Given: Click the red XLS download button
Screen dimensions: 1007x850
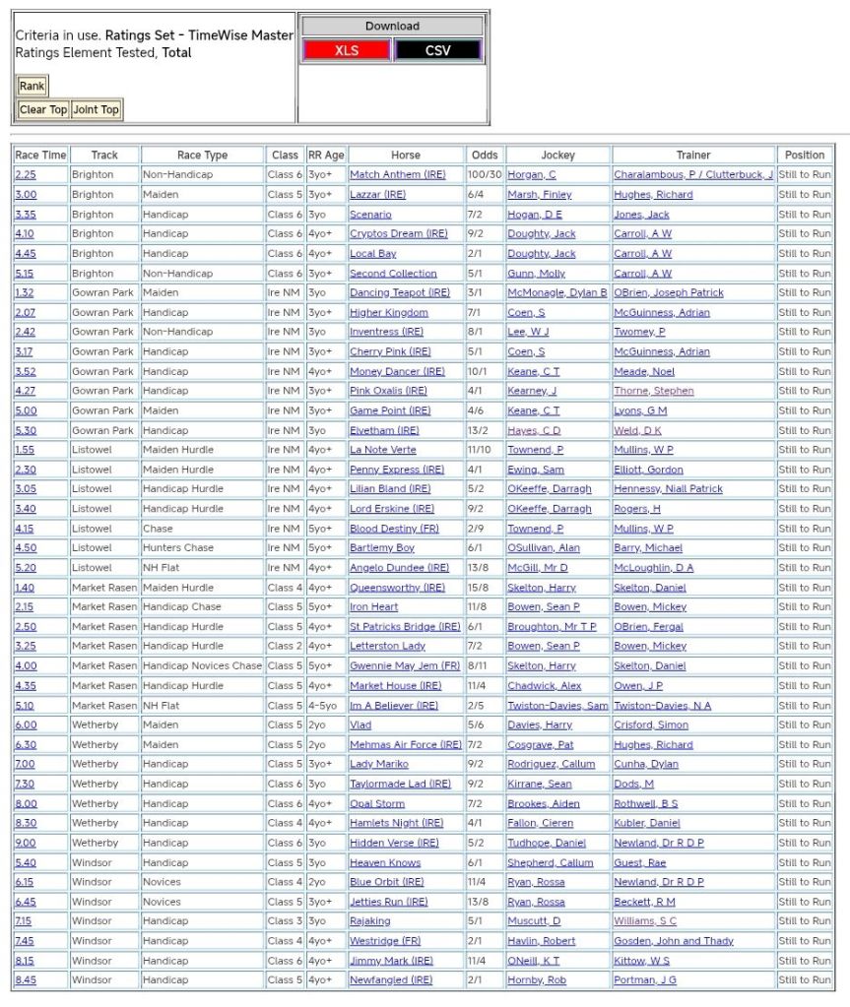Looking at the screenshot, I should point(347,50).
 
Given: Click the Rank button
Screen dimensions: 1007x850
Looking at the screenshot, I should point(32,87).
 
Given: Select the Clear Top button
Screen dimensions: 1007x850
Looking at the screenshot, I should point(43,110).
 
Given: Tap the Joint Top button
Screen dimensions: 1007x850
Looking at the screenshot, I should point(96,110).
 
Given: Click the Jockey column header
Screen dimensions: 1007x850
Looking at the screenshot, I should point(557,155).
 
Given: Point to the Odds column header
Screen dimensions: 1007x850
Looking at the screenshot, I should point(485,155).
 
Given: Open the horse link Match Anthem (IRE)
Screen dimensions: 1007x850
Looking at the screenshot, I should point(397,175).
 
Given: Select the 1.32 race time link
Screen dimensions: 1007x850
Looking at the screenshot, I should point(24,293).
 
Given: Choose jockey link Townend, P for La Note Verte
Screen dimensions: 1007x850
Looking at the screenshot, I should point(535,450).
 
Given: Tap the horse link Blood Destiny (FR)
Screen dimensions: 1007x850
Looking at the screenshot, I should point(394,529).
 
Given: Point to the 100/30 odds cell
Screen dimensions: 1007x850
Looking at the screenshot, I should point(485,175).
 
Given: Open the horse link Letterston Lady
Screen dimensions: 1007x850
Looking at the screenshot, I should point(387,647).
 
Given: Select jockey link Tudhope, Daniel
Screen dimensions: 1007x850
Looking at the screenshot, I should point(547,843).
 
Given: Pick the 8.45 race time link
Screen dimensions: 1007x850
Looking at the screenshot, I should point(25,980).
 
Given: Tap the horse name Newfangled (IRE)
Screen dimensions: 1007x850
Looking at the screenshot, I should point(391,980).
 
